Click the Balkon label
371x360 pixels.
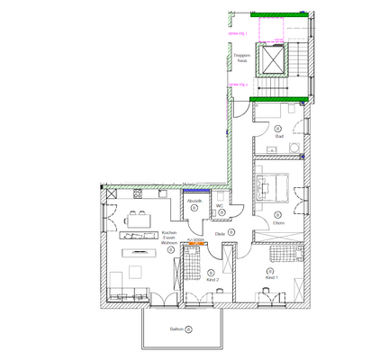click(176, 329)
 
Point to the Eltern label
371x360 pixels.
click(278, 222)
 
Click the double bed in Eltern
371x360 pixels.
click(276, 187)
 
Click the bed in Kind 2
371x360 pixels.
click(192, 266)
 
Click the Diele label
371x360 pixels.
click(220, 233)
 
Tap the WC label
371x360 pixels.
click(219, 205)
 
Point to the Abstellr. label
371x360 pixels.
click(194, 202)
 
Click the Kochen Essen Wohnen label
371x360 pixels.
click(168, 238)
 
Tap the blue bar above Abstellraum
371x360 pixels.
click(195, 190)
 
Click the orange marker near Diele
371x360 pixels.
click(194, 241)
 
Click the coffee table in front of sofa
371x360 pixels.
click(135, 271)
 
